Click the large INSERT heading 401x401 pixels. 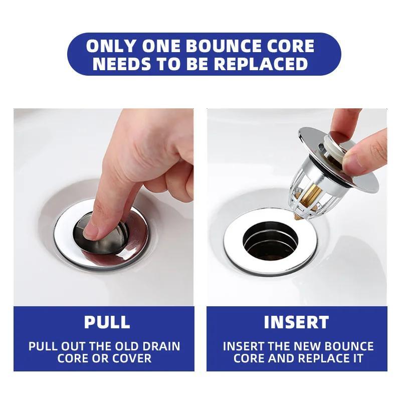tap(297, 322)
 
